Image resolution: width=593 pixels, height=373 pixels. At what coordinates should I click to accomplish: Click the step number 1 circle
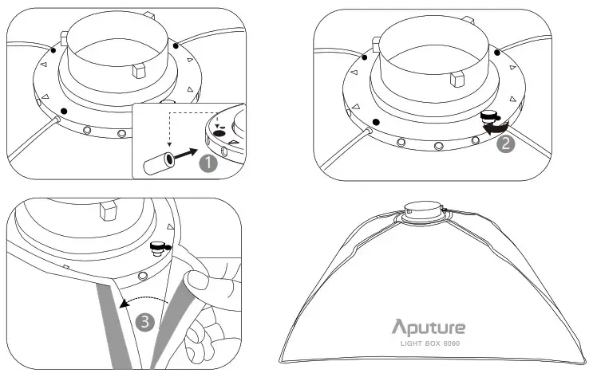(x=208, y=163)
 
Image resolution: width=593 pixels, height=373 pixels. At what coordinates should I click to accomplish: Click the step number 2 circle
(x=504, y=145)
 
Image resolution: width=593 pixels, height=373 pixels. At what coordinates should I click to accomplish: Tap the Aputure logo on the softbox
(x=429, y=327)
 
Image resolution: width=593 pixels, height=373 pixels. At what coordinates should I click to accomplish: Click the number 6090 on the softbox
(x=456, y=344)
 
